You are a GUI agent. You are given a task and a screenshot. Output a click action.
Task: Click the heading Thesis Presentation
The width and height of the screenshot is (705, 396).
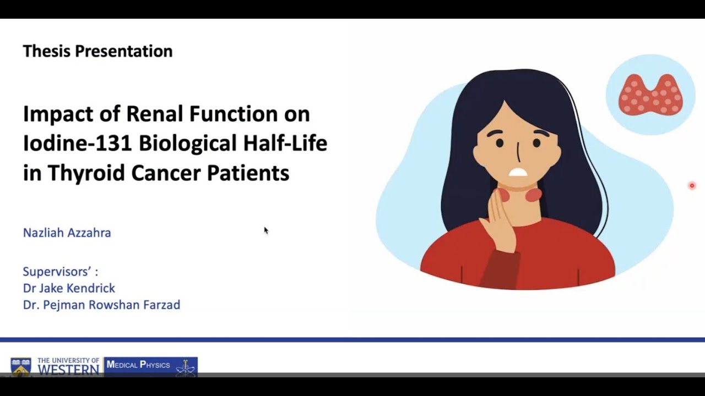coord(97,51)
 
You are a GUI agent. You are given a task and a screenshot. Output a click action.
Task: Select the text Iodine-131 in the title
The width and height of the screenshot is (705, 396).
coord(77,144)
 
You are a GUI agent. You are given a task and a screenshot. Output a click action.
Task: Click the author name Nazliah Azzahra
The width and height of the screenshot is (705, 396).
coord(67,233)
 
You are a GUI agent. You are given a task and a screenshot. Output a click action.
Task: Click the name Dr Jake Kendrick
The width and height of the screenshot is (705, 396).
coord(69,288)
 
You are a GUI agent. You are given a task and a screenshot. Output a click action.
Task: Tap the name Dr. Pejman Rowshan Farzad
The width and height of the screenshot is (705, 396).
coord(101,305)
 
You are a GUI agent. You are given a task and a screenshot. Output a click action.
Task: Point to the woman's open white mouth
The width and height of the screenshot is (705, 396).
coord(518,172)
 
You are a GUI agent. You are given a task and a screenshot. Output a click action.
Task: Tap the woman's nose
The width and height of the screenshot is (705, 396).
coord(518,151)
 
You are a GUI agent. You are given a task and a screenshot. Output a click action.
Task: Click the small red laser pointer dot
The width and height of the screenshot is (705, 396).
coord(692,186)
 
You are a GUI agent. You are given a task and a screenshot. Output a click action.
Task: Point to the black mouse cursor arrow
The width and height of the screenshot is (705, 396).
coord(265,230)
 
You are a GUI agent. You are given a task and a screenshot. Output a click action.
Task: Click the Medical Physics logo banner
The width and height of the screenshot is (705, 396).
coord(150,366)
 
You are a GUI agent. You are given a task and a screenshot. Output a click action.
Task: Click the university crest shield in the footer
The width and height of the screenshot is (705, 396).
coord(21,367)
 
